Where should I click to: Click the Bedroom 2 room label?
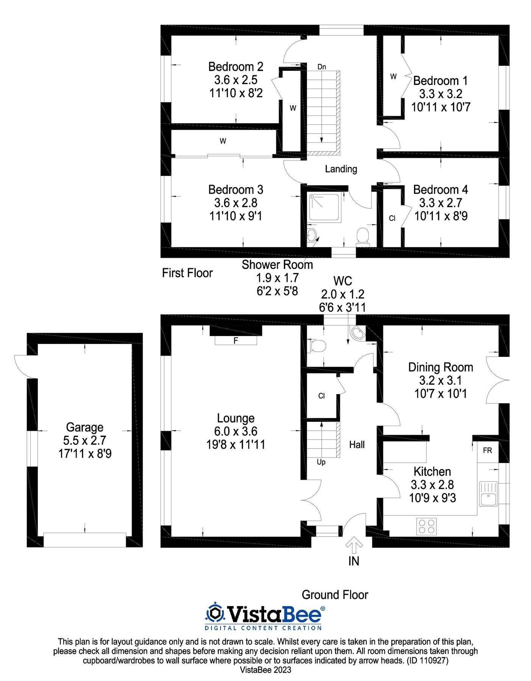pyautogui.click(x=235, y=67)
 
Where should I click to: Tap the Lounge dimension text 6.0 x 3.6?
pyautogui.click(x=235, y=431)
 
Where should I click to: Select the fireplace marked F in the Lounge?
pyautogui.click(x=235, y=340)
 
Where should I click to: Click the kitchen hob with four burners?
pyautogui.click(x=426, y=526)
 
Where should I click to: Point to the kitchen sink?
pyautogui.click(x=488, y=493)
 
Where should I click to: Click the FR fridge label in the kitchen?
pyautogui.click(x=487, y=451)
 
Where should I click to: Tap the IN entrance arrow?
pyautogui.click(x=354, y=546)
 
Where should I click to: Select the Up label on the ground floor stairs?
pyautogui.click(x=321, y=462)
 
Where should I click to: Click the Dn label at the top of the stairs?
pyautogui.click(x=321, y=67)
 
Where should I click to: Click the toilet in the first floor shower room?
pyautogui.click(x=363, y=235)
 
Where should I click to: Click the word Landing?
pyautogui.click(x=341, y=169)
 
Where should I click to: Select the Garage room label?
pyautogui.click(x=84, y=427)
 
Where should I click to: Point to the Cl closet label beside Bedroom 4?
pyautogui.click(x=392, y=218)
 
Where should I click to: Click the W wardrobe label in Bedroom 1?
pyautogui.click(x=393, y=77)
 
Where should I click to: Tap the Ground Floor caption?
pyautogui.click(x=335, y=595)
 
